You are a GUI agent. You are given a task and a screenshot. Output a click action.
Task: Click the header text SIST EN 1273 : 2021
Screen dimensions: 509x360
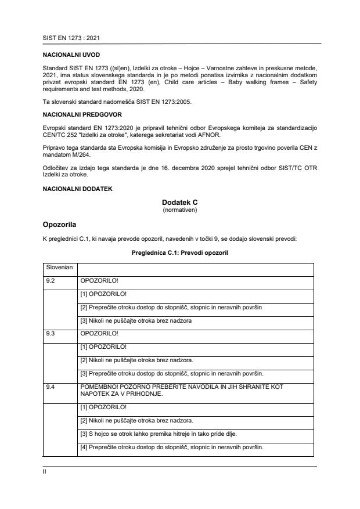[x=68, y=38]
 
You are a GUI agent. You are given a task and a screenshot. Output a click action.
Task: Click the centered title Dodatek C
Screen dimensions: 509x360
[x=180, y=203]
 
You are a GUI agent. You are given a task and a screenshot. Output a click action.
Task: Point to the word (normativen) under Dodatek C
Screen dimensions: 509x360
[x=180, y=210]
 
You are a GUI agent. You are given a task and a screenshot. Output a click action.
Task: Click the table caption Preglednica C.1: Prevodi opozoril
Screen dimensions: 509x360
[x=180, y=253]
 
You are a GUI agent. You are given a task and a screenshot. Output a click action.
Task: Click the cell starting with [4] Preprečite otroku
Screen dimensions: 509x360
[x=171, y=447]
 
